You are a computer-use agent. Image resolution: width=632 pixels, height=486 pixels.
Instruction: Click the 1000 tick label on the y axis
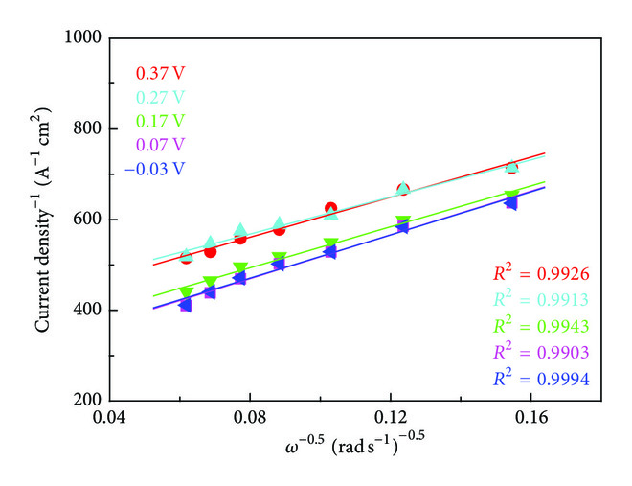point(83,38)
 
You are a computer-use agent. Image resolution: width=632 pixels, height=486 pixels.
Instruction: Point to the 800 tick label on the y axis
point(87,129)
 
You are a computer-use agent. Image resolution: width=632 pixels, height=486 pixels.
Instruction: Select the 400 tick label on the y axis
point(87,311)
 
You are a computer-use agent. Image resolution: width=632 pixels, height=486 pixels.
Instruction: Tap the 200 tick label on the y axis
point(87,401)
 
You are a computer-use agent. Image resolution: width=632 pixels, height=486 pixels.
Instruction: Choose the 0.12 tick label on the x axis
point(390,420)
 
